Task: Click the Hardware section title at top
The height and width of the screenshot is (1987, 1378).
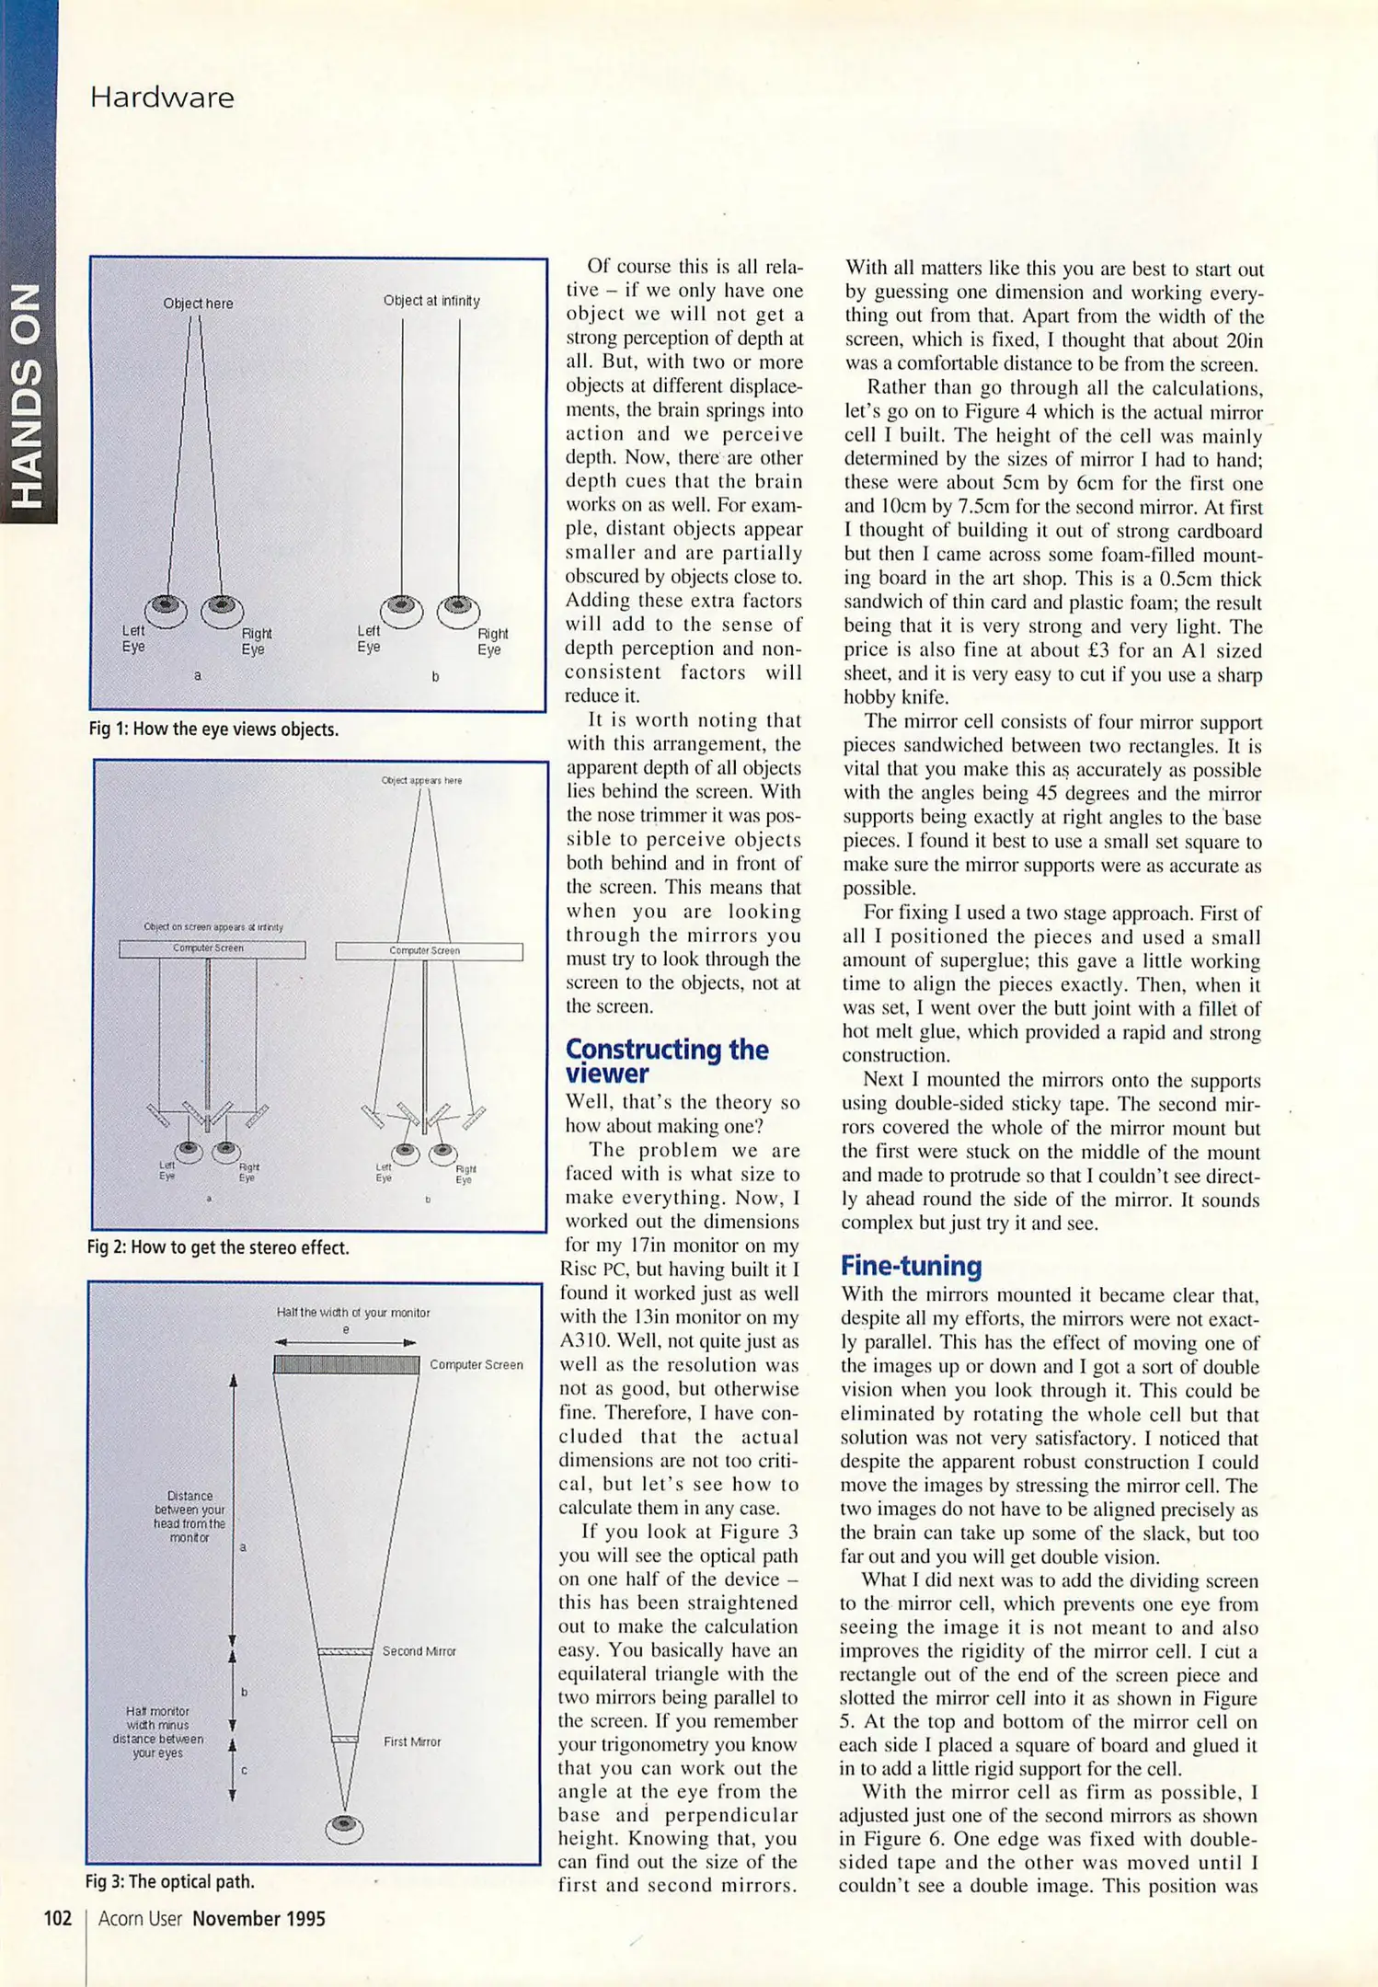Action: click(162, 98)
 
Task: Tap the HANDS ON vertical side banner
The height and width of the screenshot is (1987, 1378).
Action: click(29, 396)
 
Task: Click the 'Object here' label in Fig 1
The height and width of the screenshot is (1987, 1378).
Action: click(198, 304)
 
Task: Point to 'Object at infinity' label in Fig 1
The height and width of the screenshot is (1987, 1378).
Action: click(431, 301)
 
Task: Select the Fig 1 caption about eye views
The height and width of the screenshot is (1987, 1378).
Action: click(213, 729)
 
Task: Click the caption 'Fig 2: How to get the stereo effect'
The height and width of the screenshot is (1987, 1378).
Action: click(218, 1247)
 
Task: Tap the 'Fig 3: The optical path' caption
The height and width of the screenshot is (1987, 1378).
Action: click(169, 1881)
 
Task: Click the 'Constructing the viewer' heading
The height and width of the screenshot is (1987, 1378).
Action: click(666, 1061)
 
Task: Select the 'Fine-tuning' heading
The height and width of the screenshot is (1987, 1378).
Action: click(911, 1266)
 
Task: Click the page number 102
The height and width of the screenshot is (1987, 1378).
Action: click(57, 1918)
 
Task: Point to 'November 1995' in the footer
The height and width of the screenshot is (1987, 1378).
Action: click(258, 1918)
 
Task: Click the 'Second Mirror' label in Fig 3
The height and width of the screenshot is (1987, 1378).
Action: click(419, 1651)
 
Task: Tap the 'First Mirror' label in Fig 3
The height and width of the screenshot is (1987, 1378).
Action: click(412, 1741)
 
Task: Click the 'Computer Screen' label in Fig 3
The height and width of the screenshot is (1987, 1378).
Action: click(476, 1364)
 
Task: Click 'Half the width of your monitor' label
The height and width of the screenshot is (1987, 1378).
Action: click(353, 1313)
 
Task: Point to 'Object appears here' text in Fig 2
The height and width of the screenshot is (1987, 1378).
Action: click(421, 780)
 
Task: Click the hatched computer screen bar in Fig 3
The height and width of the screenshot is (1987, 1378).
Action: click(346, 1364)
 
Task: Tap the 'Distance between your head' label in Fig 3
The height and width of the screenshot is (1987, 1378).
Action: click(189, 1516)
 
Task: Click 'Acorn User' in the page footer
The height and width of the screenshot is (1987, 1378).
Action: click(140, 1918)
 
